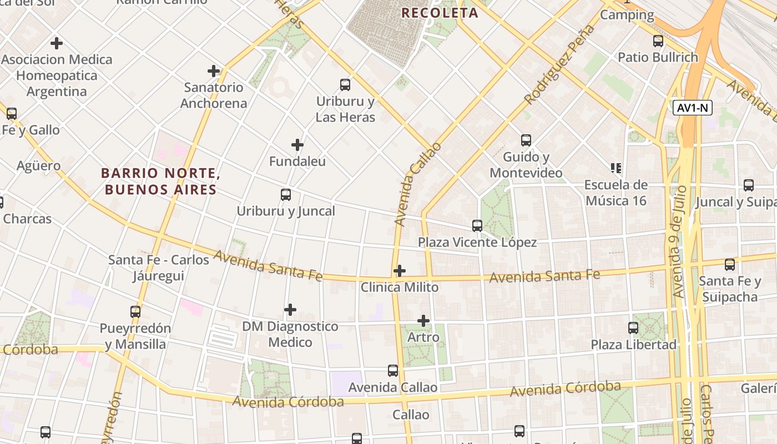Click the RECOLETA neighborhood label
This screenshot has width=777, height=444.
pyautogui.click(x=440, y=13)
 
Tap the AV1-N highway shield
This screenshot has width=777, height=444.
pyautogui.click(x=692, y=108)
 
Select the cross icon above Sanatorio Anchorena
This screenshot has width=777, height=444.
pyautogui.click(x=214, y=71)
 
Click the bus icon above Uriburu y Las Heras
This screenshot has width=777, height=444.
pyautogui.click(x=345, y=85)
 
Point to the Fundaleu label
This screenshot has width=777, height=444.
pyautogui.click(x=297, y=162)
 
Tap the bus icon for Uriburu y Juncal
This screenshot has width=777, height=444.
pyautogui.click(x=286, y=195)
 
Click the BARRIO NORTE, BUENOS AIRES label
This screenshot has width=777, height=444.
pyautogui.click(x=161, y=181)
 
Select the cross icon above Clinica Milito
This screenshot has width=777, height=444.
pyautogui.click(x=399, y=271)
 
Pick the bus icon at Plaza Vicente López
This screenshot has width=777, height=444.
pyautogui.click(x=477, y=225)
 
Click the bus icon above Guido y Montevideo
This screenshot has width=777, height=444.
pyautogui.click(x=526, y=140)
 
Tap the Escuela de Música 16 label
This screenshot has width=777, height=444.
pyautogui.click(x=616, y=193)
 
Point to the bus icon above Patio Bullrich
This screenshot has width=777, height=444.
pyautogui.click(x=658, y=41)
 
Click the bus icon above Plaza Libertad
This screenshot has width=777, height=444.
pyautogui.click(x=633, y=327)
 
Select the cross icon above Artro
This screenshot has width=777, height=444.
pyautogui.click(x=423, y=321)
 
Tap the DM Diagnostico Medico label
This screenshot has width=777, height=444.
pyautogui.click(x=290, y=334)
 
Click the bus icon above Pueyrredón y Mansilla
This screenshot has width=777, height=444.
pyautogui.click(x=135, y=311)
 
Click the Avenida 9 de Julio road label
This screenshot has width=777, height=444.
pyautogui.click(x=679, y=241)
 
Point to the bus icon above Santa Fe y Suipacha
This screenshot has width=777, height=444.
pyautogui.click(x=730, y=265)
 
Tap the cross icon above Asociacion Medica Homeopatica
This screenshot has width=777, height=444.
pyautogui.click(x=56, y=43)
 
